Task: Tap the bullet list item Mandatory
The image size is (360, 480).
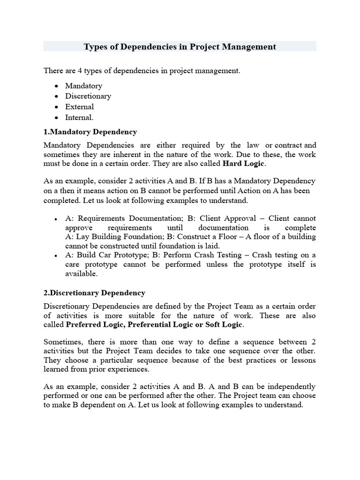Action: tap(83, 86)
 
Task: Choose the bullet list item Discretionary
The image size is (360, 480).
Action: tap(88, 96)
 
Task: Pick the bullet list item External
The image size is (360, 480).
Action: tap(79, 106)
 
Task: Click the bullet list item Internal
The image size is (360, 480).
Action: tap(79, 117)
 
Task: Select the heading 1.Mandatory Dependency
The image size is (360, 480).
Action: tap(90, 132)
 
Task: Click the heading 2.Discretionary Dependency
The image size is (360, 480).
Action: tap(94, 292)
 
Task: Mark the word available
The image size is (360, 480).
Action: tap(81, 274)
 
